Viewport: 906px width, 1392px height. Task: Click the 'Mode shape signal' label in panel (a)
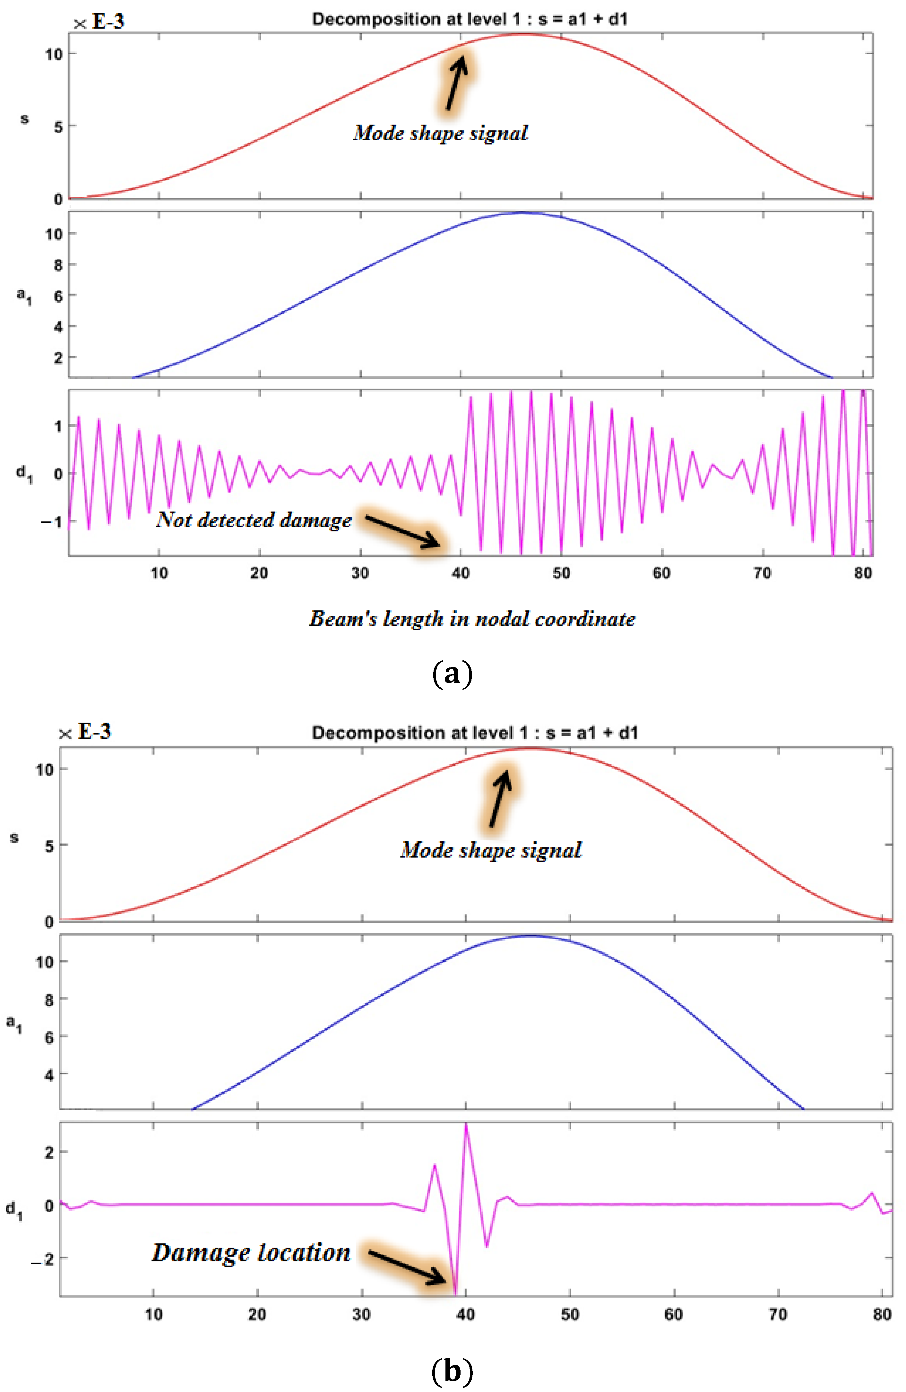pos(440,133)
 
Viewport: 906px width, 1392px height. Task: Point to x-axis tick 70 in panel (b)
pos(778,1314)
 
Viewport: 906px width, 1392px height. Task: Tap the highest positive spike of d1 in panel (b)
pos(466,1124)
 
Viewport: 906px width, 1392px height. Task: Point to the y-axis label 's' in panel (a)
pos(24,119)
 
